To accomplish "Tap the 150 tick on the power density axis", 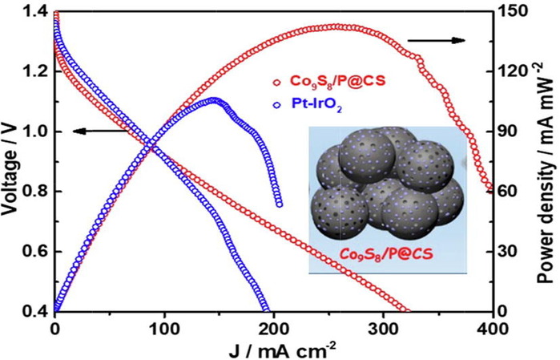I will pos(511,11).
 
